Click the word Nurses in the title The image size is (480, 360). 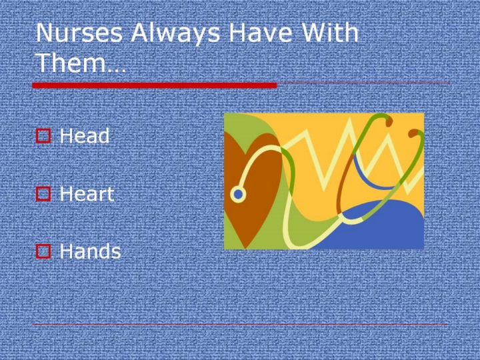click(x=79, y=33)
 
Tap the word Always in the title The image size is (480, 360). click(x=175, y=34)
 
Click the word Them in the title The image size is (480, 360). click(x=71, y=62)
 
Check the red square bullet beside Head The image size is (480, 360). click(x=43, y=136)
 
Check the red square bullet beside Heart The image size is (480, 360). click(x=43, y=194)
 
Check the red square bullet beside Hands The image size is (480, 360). click(x=43, y=251)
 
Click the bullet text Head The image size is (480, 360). click(x=85, y=135)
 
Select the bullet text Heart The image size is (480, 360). click(x=87, y=193)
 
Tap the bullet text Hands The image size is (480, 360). click(x=90, y=251)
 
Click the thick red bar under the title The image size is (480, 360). click(x=155, y=85)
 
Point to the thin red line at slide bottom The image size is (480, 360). click(x=240, y=325)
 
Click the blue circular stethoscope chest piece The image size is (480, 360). click(x=238, y=195)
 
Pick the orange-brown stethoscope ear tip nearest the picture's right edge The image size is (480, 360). click(x=413, y=133)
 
